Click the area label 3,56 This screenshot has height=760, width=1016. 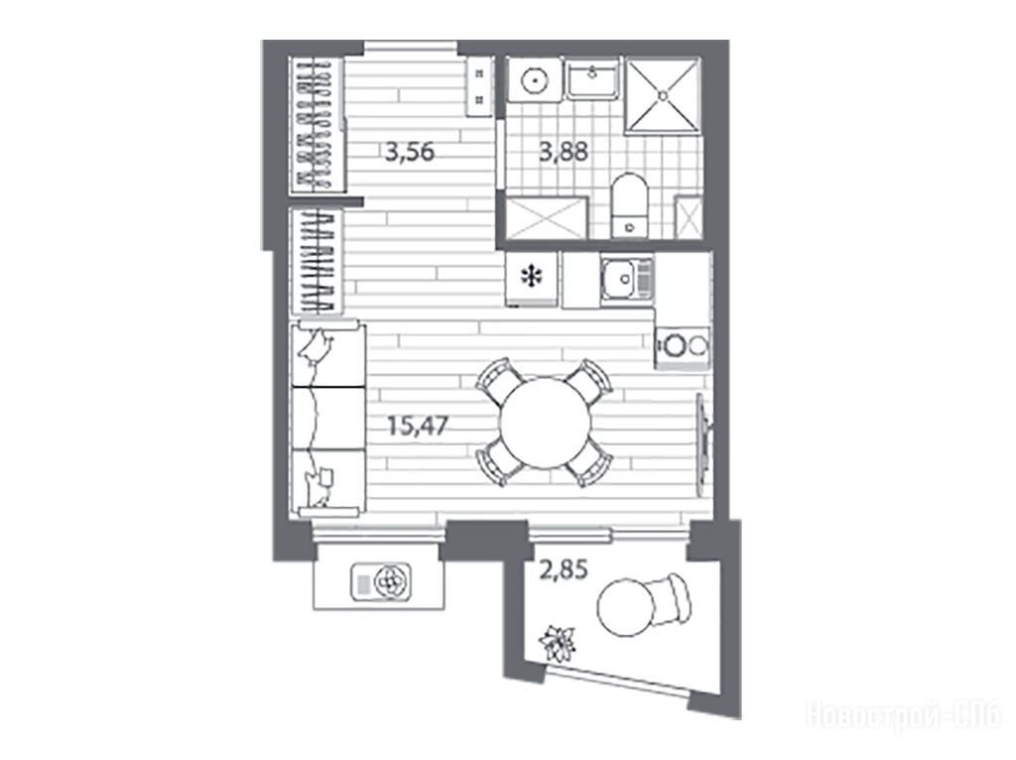point(409,154)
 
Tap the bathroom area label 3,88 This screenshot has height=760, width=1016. point(564,152)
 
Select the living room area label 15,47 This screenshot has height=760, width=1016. point(418,426)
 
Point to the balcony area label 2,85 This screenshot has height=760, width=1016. point(564,570)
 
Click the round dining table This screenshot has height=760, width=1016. point(545,424)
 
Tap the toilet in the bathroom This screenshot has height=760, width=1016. point(629,205)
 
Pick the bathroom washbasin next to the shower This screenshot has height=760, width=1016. point(592,79)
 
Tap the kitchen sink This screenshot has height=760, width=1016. point(627,279)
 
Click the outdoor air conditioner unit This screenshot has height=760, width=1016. point(380,580)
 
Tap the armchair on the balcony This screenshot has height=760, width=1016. point(669,598)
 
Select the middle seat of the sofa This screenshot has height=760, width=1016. point(328,418)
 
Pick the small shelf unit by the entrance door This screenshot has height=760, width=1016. point(479,87)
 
